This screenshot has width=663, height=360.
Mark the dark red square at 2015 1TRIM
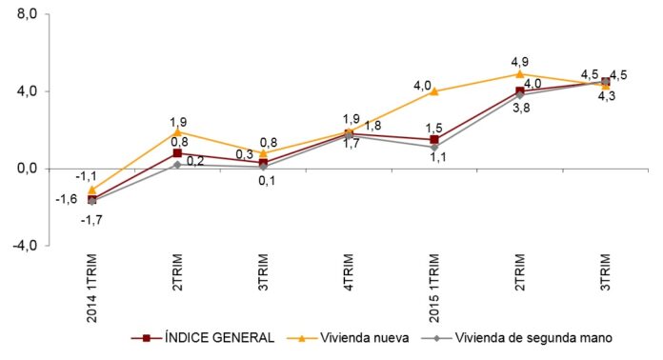point(434,139)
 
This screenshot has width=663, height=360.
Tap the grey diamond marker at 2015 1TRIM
point(434,147)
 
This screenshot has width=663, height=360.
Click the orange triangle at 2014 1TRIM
point(92,190)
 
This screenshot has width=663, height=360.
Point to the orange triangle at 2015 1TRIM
point(434,91)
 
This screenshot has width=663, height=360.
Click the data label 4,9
point(520,60)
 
